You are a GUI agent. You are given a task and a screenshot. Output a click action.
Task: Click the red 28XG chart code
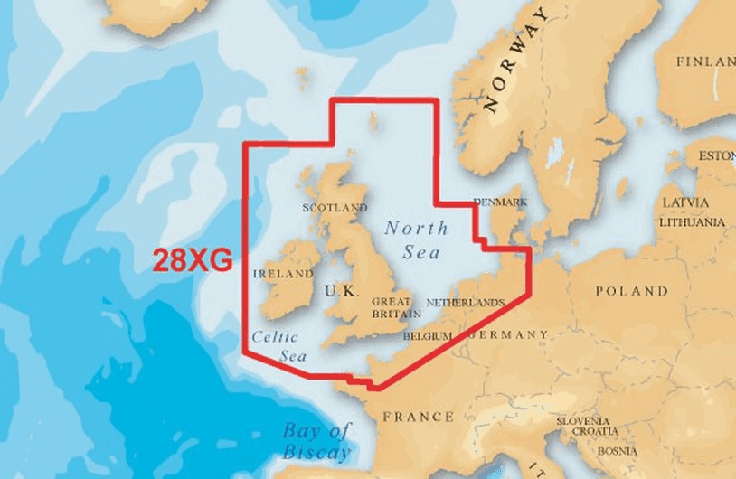click(x=193, y=260)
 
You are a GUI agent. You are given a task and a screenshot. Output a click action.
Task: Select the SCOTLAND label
click(x=335, y=207)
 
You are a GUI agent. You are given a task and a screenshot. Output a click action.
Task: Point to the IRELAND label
click(x=284, y=273)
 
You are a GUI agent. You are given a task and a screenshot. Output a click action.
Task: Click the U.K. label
click(x=342, y=292)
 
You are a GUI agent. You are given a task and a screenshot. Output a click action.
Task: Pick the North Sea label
click(x=410, y=239)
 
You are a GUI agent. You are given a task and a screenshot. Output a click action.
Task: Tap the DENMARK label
click(x=500, y=202)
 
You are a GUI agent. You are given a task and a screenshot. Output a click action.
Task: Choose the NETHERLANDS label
click(x=465, y=303)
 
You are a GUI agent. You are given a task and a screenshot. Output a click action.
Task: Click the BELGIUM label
click(x=428, y=335)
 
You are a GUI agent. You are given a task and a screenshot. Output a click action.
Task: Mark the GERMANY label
click(x=508, y=334)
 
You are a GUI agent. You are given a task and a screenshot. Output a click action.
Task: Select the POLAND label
click(x=631, y=291)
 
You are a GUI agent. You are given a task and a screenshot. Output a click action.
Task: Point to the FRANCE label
click(x=418, y=417)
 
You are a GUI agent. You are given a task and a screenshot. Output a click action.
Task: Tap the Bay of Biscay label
click(x=316, y=440)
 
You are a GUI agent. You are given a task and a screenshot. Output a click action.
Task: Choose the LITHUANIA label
click(x=693, y=221)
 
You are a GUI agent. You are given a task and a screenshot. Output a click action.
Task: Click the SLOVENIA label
click(x=582, y=421)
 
